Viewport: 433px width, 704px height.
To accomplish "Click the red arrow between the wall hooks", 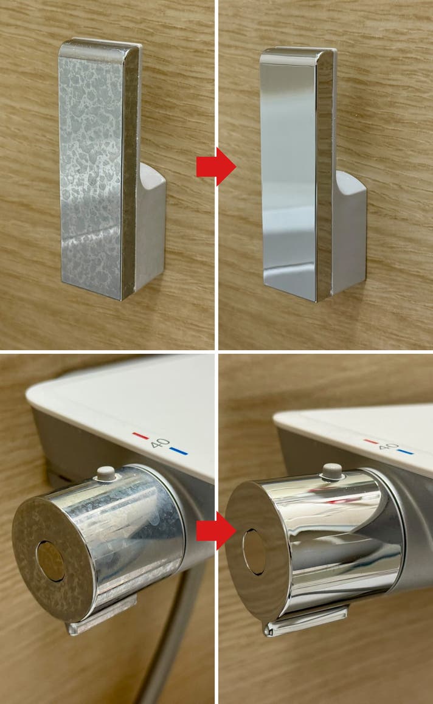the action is tap(216, 167).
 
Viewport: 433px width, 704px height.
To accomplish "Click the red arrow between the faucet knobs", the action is tap(216, 531).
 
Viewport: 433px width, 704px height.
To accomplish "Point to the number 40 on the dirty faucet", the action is tap(160, 443).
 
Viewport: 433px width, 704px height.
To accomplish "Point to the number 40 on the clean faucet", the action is tap(388, 446).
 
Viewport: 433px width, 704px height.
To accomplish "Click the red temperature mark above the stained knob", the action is tap(140, 435).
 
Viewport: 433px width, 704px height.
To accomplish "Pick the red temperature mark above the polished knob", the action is tap(372, 441).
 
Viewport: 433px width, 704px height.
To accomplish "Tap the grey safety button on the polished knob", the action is tap(332, 471).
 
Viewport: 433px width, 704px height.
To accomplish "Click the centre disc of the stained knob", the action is tap(50, 561).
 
